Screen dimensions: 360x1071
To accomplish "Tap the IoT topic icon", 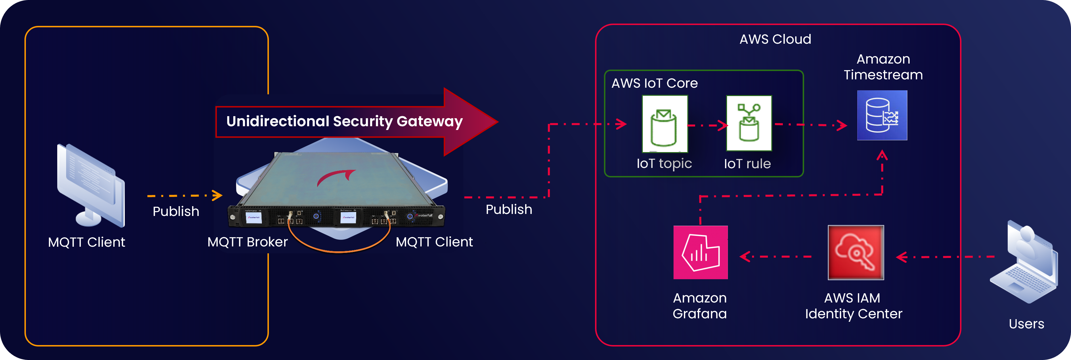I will click(664, 124).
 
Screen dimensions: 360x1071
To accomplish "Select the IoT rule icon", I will click(749, 123).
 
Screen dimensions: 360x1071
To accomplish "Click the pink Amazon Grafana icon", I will click(701, 252).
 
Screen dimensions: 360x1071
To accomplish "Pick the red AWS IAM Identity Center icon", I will click(856, 252).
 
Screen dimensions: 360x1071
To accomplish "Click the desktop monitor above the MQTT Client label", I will click(91, 185).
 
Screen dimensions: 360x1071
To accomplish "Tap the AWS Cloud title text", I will click(775, 39).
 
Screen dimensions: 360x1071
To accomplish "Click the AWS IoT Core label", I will click(654, 83).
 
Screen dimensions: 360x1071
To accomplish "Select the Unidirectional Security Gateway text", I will click(344, 121).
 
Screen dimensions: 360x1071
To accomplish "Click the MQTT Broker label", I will click(247, 242).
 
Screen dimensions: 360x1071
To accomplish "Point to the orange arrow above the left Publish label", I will click(185, 195).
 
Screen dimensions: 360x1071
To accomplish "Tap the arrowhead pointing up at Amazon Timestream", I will click(882, 156).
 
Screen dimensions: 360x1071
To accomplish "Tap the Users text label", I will click(1026, 324).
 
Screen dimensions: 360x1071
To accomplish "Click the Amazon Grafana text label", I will click(700, 306).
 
